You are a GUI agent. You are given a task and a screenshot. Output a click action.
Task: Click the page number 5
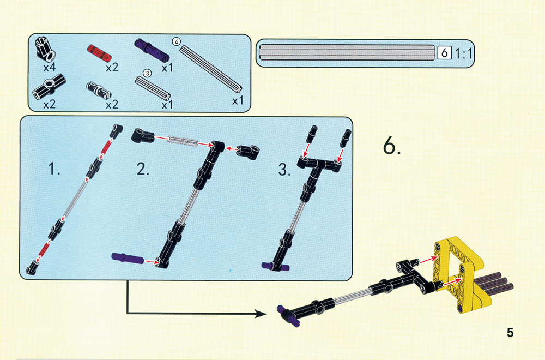[x=510, y=333]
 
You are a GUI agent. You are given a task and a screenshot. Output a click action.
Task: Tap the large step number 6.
[x=392, y=146]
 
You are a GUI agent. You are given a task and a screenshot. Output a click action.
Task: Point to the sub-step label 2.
[x=143, y=169]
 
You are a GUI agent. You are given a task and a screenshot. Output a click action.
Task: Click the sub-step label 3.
[x=284, y=170]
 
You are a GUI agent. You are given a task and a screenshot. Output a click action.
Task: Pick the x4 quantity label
[x=50, y=67]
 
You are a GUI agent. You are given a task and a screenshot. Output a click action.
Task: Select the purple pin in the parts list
[x=152, y=49]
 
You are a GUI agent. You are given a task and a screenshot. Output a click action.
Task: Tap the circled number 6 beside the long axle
[x=176, y=41]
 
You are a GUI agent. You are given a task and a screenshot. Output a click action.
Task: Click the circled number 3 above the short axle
[x=148, y=73]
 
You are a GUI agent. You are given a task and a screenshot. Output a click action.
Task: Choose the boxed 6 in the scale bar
[x=445, y=53]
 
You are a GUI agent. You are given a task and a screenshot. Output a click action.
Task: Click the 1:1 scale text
[x=463, y=53]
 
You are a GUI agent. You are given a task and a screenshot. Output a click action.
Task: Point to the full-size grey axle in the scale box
[x=347, y=53]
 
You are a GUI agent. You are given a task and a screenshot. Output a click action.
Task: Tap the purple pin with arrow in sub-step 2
[x=127, y=259]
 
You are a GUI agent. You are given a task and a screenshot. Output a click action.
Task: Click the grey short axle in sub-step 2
[x=183, y=141]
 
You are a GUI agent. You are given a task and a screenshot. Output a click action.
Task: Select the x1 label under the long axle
[x=238, y=101]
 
